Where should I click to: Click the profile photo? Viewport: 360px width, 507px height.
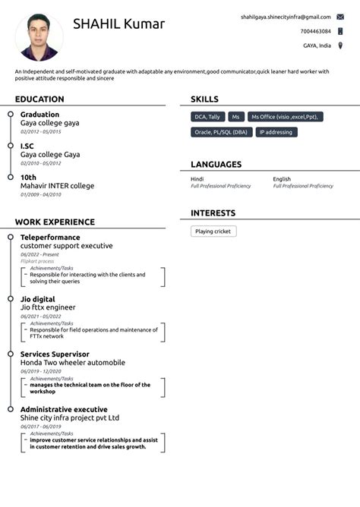[39, 37]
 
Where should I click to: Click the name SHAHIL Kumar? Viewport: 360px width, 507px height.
[118, 24]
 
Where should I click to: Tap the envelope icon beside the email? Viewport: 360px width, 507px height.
[340, 17]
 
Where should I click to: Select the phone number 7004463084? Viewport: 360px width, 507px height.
[315, 31]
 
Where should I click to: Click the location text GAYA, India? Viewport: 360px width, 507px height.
[317, 46]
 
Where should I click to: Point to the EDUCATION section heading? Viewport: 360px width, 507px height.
[39, 99]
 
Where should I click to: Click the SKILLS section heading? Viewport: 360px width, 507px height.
[204, 99]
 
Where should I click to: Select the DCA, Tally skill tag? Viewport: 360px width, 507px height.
[207, 117]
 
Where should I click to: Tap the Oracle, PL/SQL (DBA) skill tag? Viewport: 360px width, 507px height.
[221, 132]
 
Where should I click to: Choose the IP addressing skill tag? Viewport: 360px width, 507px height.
[276, 132]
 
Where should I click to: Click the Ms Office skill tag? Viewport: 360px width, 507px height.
[286, 117]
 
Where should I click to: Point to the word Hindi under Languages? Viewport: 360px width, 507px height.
[197, 179]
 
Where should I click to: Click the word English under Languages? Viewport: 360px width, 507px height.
[282, 179]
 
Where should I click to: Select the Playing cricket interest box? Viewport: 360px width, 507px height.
[213, 231]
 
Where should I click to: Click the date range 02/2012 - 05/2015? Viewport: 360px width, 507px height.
[41, 131]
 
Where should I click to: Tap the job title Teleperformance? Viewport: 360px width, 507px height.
[50, 238]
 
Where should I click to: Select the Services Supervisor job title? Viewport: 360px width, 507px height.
[55, 354]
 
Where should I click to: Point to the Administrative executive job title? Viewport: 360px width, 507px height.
[64, 410]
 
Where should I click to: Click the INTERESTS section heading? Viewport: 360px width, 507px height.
[213, 213]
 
